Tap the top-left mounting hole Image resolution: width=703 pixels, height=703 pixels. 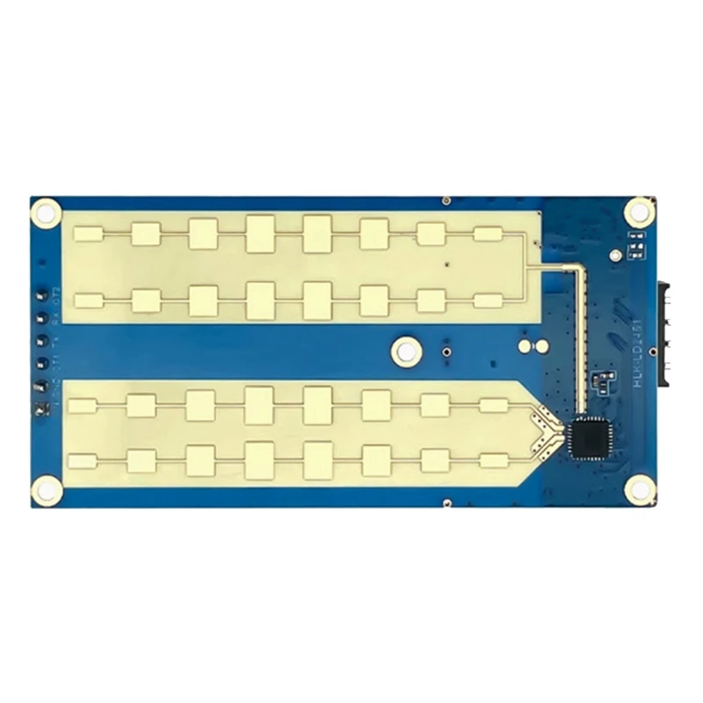click(x=46, y=211)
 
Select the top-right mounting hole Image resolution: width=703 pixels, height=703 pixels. click(x=640, y=211)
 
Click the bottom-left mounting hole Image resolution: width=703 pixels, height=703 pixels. click(x=47, y=490)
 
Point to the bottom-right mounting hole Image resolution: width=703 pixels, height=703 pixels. click(x=641, y=489)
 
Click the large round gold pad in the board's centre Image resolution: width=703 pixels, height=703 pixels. click(x=405, y=351)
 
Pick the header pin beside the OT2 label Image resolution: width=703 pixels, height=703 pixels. click(x=41, y=295)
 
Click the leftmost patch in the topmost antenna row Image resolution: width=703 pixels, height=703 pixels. click(x=89, y=234)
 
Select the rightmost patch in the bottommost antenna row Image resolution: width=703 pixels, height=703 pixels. click(x=494, y=460)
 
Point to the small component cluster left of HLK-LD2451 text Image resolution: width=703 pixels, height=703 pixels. click(x=603, y=381)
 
